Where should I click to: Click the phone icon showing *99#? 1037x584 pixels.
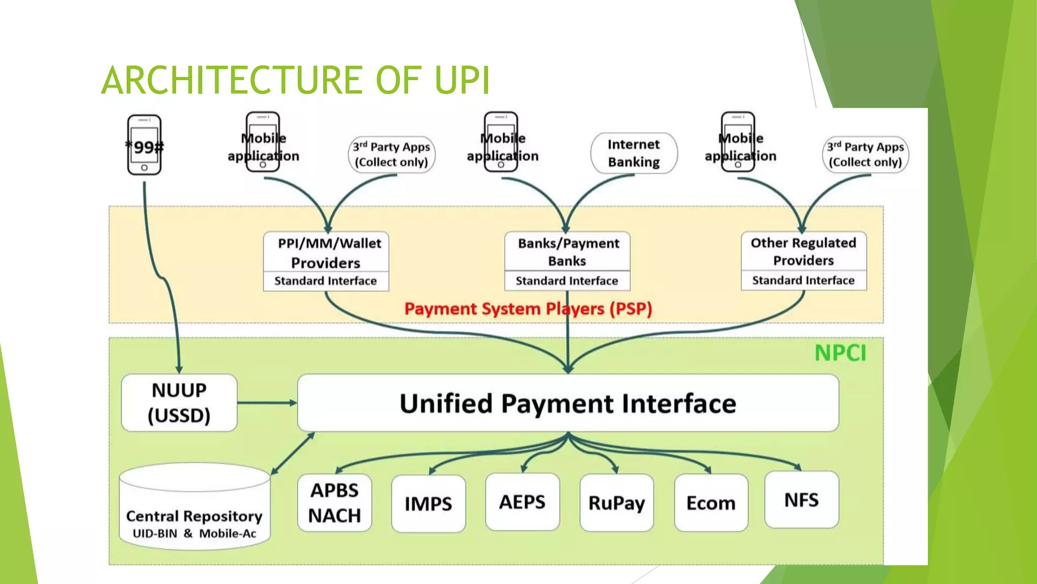point(144,145)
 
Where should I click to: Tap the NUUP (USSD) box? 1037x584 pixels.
point(179,403)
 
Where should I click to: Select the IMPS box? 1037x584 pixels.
point(428,503)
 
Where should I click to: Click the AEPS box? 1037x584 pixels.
point(522,502)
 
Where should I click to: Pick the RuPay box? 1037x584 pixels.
point(616,503)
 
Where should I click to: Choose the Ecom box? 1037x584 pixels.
point(711,503)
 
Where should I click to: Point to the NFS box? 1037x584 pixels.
point(802,500)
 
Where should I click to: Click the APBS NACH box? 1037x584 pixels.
point(335,503)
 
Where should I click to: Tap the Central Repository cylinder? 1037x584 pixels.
point(194,507)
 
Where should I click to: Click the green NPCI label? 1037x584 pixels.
point(841,353)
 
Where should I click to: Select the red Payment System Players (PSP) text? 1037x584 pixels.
point(528,309)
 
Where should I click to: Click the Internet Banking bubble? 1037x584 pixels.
point(633,153)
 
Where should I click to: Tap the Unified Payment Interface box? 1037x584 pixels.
point(568,404)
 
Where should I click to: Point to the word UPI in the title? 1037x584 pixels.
point(462,80)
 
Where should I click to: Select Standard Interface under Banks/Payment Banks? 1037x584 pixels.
point(567,281)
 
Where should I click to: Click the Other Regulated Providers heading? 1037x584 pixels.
point(804,251)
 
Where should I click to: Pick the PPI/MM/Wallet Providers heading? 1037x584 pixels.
point(326,252)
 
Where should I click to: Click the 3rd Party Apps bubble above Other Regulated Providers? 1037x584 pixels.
point(865,155)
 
